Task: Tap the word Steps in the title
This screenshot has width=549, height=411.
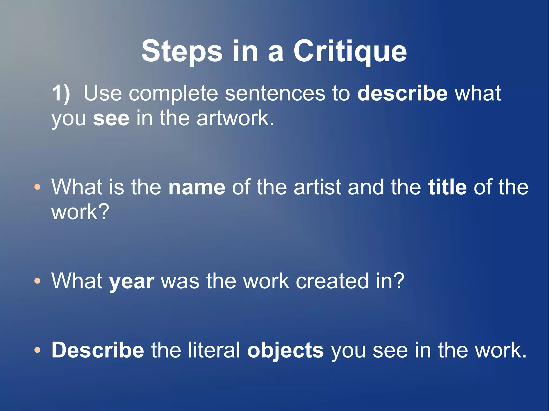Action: pos(182,51)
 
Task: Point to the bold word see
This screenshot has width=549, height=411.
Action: pos(111,118)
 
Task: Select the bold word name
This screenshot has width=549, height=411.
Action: pos(197,187)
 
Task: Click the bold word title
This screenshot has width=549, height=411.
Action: pos(447,187)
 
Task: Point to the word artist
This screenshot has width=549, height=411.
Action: pos(317,187)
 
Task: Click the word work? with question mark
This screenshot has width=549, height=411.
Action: pos(80,212)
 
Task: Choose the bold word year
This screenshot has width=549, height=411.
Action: pos(132,282)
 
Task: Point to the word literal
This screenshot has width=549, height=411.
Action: pos(213,350)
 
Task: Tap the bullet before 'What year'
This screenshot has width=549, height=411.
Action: pos(38,281)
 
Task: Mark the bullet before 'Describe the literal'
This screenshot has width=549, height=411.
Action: pos(38,350)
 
